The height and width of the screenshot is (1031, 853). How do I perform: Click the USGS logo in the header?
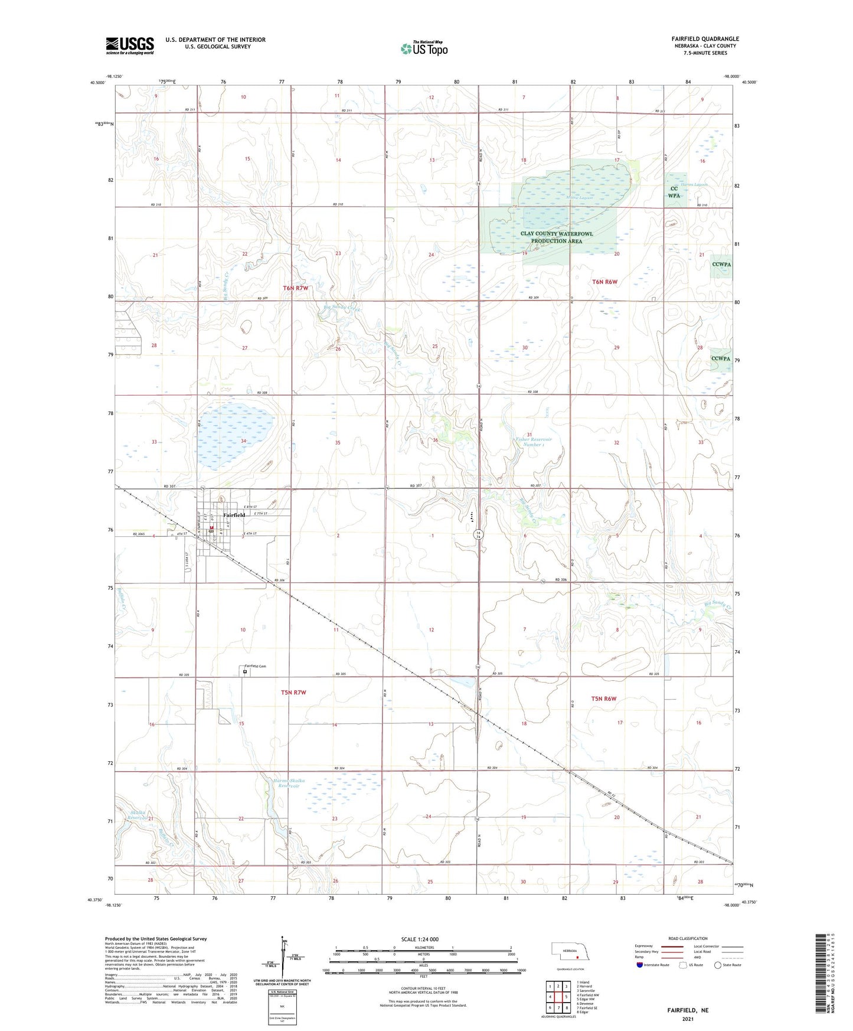pos(129,45)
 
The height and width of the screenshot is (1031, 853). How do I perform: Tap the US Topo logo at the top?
pos(424,48)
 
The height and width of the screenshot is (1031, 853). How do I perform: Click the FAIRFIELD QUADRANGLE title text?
pos(705,39)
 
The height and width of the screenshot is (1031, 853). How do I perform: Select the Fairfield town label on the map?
pos(234,515)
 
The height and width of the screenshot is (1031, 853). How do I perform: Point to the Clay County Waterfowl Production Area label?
pos(556,237)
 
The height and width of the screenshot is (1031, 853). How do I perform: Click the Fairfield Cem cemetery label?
pos(256,666)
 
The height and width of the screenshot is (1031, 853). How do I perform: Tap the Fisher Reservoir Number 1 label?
pos(533,442)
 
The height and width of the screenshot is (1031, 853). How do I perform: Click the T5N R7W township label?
pos(293,692)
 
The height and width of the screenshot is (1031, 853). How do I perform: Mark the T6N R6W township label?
pos(604,282)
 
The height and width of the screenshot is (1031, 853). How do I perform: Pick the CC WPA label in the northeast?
pos(674,193)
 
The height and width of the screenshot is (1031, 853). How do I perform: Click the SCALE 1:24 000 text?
pos(420,939)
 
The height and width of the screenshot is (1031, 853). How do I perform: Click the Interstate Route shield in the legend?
pos(640,965)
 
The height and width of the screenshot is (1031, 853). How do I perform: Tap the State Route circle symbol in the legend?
pos(718,965)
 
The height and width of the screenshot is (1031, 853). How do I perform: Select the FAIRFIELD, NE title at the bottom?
pos(688,1010)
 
